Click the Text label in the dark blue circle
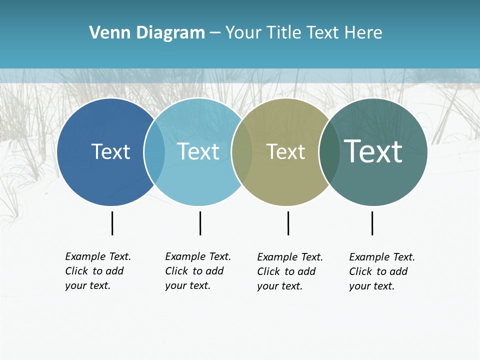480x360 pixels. tap(110, 151)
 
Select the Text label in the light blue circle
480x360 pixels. tap(198, 151)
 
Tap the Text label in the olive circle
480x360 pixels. tap(285, 151)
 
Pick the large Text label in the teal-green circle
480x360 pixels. tap(373, 151)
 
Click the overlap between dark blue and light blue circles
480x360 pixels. tap(154, 152)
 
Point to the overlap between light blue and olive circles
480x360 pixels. tap(242, 152)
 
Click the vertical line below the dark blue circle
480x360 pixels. tap(112, 223)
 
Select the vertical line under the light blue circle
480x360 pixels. tap(200, 223)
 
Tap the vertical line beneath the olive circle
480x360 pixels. tap(288, 223)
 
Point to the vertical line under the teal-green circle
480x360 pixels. tap(372, 223)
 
